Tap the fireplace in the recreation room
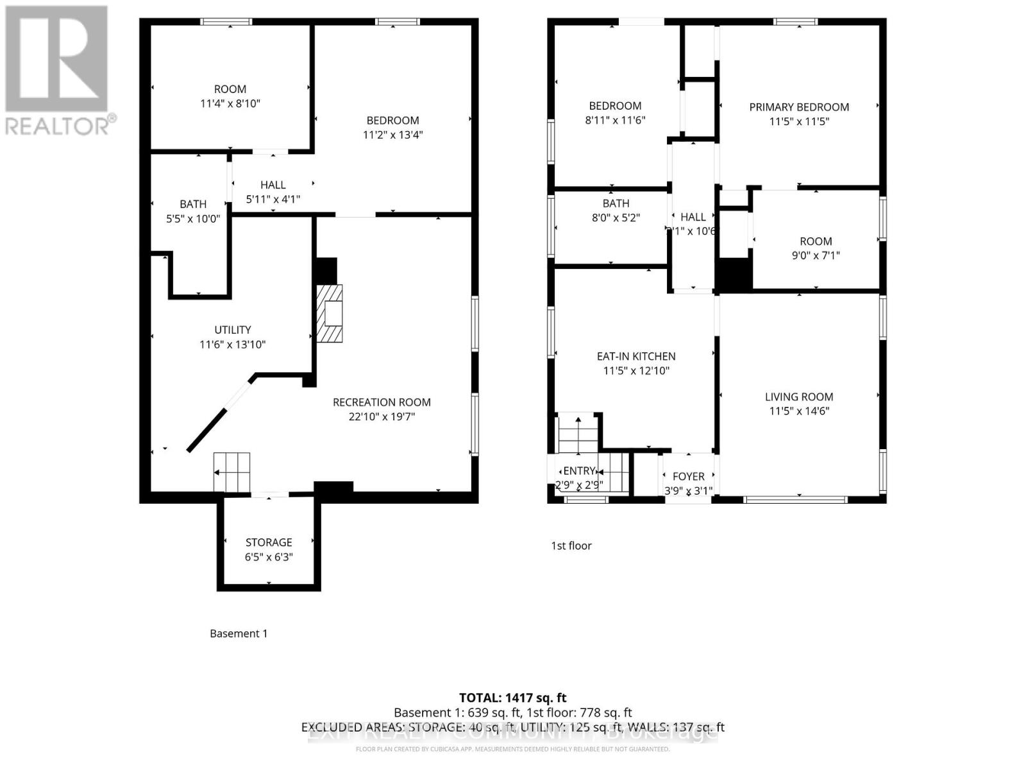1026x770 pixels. (x=330, y=314)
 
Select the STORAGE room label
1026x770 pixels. (x=269, y=542)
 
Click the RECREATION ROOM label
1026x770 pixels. (x=382, y=402)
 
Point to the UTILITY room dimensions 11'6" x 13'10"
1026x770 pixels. (x=232, y=345)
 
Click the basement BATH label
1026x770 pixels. (x=193, y=204)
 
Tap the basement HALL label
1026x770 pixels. (x=273, y=185)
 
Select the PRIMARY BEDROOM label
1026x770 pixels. (x=799, y=107)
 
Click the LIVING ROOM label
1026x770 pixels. (x=799, y=397)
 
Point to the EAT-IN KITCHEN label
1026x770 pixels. (x=636, y=356)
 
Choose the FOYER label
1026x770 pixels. (x=689, y=476)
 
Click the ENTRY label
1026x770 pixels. (x=580, y=471)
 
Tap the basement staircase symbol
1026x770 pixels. (x=231, y=472)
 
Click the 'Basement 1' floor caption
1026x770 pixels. (x=239, y=633)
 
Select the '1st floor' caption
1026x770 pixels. (x=571, y=545)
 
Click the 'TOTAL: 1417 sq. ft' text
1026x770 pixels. (x=513, y=697)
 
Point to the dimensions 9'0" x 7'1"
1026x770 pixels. (x=816, y=255)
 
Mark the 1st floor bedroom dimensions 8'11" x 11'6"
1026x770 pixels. (x=615, y=120)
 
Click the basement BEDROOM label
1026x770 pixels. (x=392, y=121)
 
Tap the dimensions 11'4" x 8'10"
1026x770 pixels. (x=230, y=103)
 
